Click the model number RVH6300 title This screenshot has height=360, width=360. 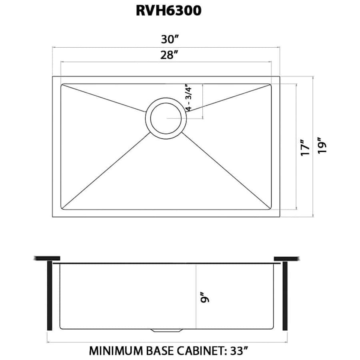pos(168,11)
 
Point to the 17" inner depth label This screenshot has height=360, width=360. pos(306,148)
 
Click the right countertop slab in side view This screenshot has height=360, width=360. pos(286,258)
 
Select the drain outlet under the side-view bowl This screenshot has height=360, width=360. pos(167,330)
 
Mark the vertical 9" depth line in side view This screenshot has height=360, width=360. pos(196,296)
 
